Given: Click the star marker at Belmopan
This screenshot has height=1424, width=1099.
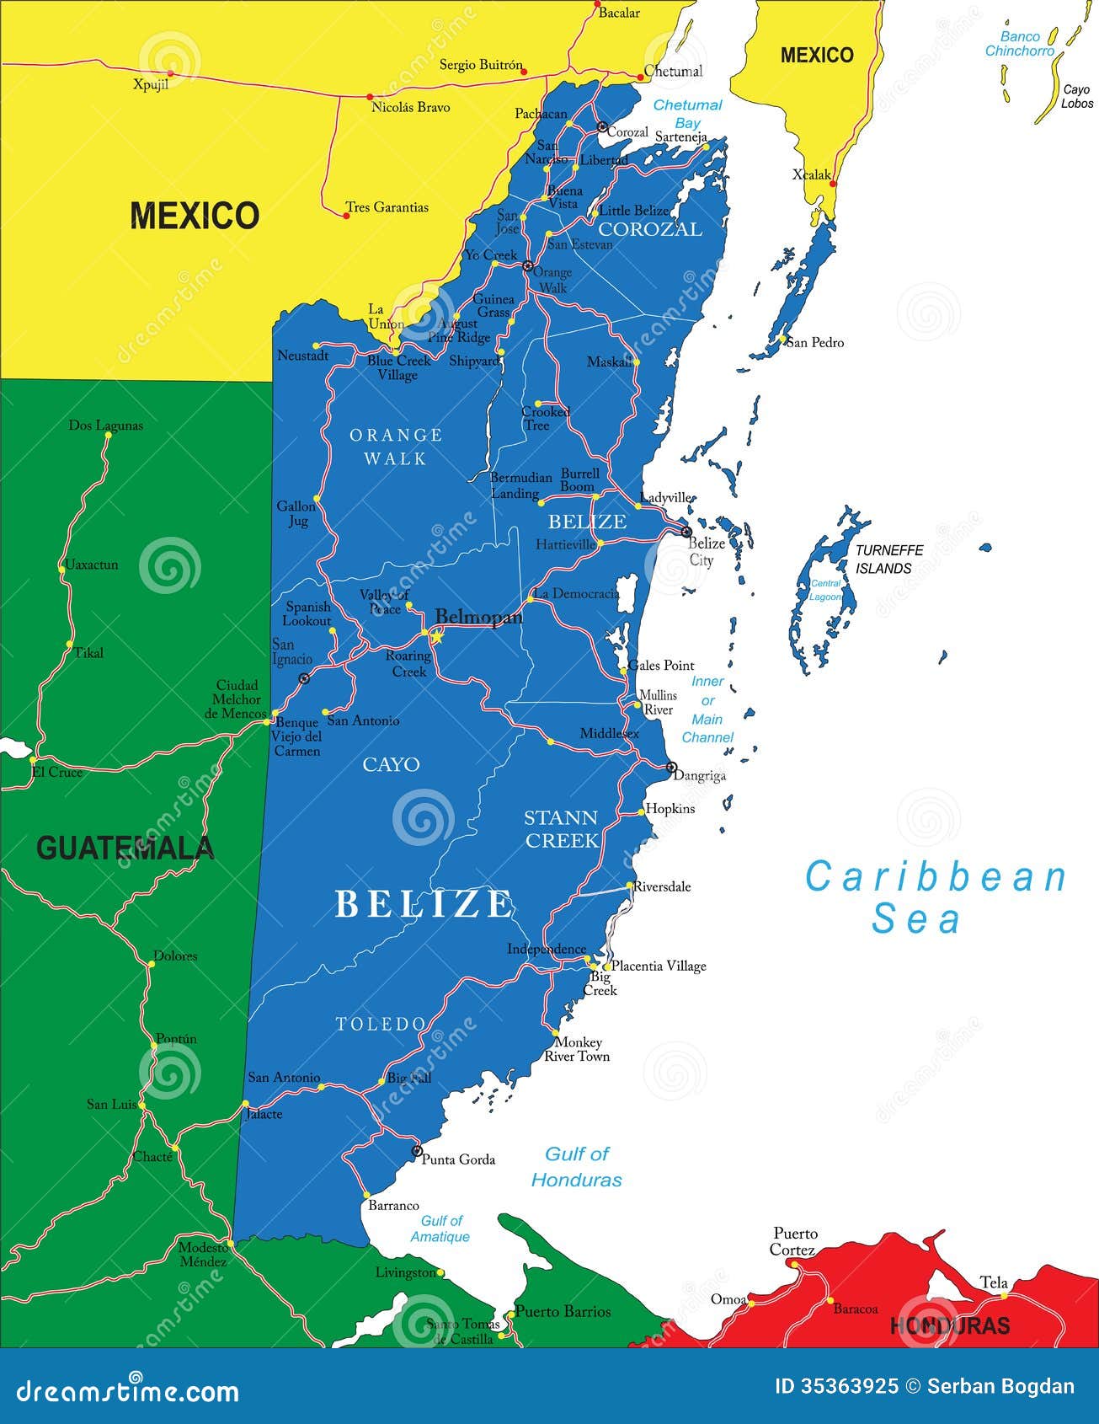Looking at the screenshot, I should tap(436, 637).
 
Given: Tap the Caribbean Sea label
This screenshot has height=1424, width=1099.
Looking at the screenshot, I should tap(935, 897).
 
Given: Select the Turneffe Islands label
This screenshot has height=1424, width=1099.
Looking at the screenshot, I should tap(889, 559).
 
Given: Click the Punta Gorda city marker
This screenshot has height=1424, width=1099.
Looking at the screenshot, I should tap(416, 1151).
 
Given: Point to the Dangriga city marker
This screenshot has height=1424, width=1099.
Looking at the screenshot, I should tap(671, 768).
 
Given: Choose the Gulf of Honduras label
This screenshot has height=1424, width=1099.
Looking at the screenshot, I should tap(577, 1167).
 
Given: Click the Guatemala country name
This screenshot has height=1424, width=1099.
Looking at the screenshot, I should tap(125, 848).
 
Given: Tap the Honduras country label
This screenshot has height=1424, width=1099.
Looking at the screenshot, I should tap(949, 1325).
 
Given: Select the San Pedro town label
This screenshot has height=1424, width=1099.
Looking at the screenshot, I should tap(815, 342).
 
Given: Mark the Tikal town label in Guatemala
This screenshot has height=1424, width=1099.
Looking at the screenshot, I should tap(89, 652).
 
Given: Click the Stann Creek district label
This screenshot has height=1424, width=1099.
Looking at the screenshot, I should tap(562, 829).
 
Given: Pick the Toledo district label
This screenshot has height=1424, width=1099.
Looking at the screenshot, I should tap(381, 1024).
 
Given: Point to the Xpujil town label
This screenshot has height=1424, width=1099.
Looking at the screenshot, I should tap(151, 85).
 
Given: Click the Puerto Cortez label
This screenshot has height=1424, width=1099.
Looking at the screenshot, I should tap(795, 1241).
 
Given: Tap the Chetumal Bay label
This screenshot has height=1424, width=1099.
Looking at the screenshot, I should tap(688, 114).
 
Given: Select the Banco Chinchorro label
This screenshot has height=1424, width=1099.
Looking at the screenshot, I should tap(1020, 44).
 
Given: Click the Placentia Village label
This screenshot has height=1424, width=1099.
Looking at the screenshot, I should tap(659, 966).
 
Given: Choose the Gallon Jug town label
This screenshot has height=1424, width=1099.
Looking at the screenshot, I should tap(296, 513).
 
